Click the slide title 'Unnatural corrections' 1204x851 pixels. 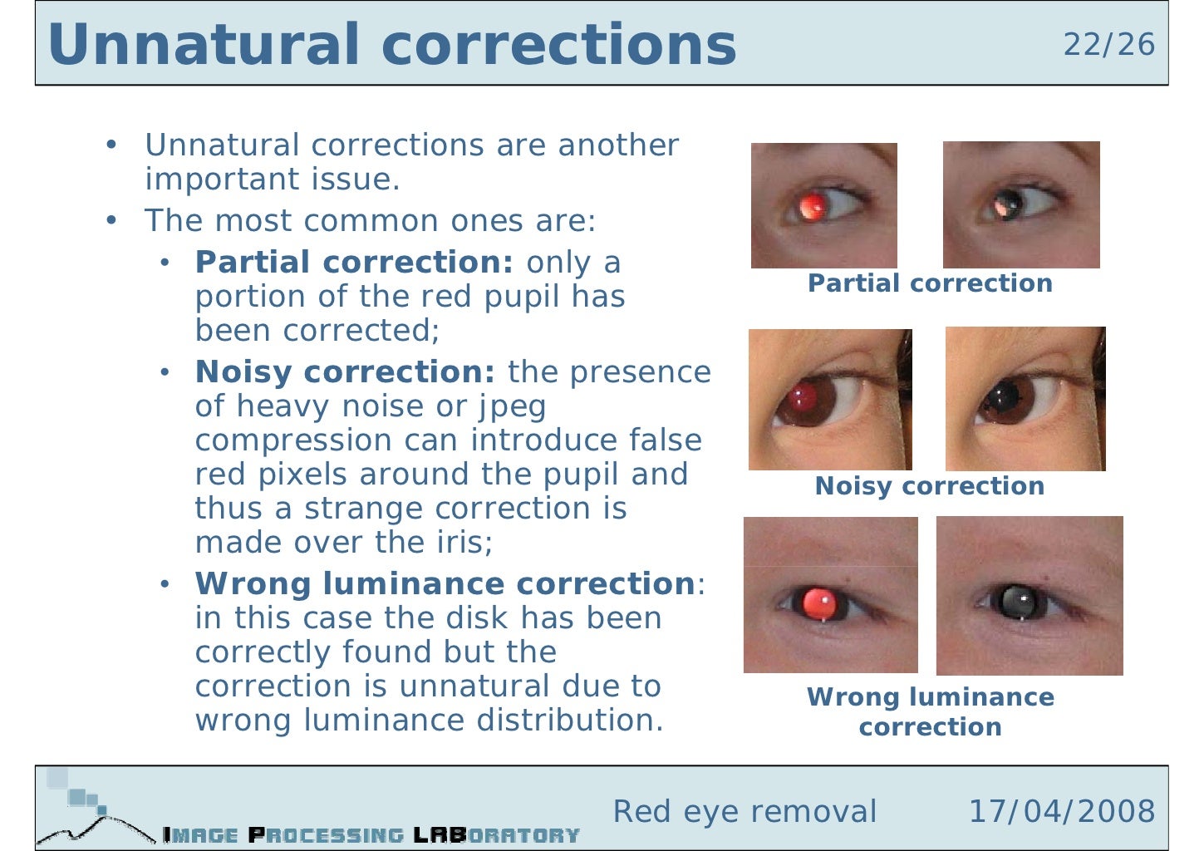tap(391, 45)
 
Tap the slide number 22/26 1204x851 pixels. tap(1108, 45)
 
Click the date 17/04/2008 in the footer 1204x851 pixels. tap(1061, 811)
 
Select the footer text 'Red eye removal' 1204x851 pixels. tap(745, 811)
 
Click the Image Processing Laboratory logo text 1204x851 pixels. tap(371, 834)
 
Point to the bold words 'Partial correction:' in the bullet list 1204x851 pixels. tap(354, 263)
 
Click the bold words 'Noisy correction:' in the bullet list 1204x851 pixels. tap(345, 372)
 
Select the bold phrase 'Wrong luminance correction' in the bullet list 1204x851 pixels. tap(445, 584)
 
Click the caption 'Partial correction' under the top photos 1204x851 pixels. tap(930, 283)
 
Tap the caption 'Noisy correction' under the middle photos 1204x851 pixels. tap(929, 486)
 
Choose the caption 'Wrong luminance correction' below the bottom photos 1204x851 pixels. tap(930, 711)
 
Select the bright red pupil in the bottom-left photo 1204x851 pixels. tap(820, 603)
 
